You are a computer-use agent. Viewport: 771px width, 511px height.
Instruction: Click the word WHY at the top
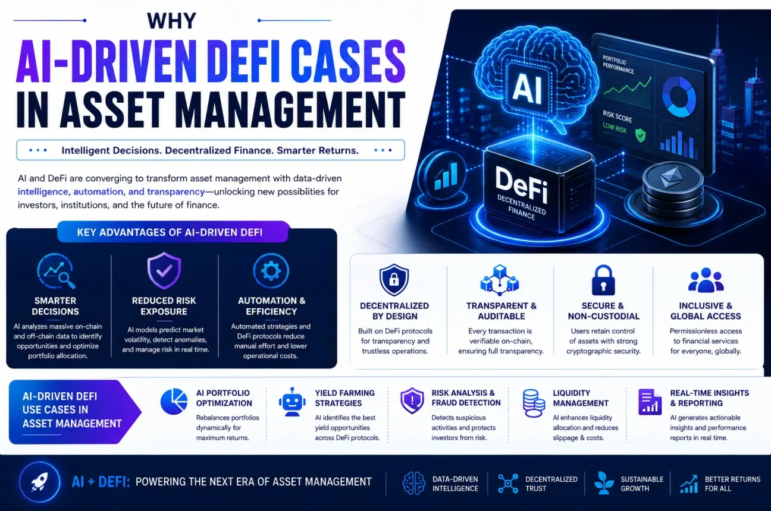(x=171, y=21)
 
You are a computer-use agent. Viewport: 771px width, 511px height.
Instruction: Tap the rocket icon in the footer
(x=40, y=482)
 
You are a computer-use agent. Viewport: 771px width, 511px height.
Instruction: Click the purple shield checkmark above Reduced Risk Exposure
(x=164, y=270)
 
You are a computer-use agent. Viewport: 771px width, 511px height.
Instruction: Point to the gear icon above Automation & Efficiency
(x=271, y=271)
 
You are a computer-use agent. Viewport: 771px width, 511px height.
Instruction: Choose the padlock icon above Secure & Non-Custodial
(x=603, y=280)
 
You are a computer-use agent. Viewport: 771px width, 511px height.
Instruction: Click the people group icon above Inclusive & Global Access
(x=706, y=280)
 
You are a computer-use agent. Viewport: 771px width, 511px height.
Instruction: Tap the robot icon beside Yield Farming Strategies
(x=292, y=402)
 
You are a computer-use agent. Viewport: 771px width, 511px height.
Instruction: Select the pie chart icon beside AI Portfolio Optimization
(x=174, y=401)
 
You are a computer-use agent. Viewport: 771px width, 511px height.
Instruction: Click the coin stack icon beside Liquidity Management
(x=533, y=403)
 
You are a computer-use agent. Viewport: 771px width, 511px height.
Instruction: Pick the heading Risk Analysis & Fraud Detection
(x=466, y=398)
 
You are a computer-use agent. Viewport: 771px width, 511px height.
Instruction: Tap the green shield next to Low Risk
(x=640, y=135)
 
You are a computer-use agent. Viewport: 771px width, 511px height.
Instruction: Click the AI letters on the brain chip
(x=527, y=89)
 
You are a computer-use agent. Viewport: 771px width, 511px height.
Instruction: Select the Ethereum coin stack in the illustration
(x=673, y=191)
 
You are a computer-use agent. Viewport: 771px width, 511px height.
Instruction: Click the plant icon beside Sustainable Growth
(x=604, y=483)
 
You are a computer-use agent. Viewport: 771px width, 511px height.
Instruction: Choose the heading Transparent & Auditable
(x=501, y=311)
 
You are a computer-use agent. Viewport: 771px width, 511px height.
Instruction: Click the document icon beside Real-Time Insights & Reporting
(x=650, y=402)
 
